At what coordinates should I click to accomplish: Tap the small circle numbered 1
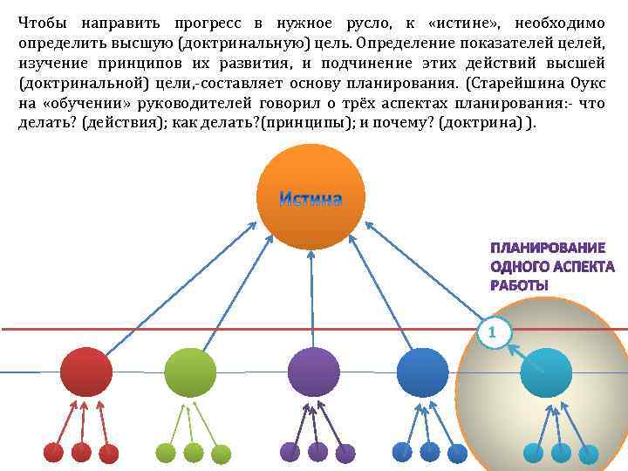(x=493, y=332)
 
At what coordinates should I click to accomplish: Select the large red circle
(x=86, y=372)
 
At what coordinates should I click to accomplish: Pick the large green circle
(x=190, y=372)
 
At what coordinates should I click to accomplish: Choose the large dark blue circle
(x=422, y=372)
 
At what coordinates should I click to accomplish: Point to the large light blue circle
(x=546, y=372)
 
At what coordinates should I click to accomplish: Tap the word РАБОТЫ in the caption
(x=519, y=285)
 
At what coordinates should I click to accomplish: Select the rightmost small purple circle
(x=346, y=453)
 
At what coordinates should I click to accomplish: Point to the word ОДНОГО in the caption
(x=518, y=267)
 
